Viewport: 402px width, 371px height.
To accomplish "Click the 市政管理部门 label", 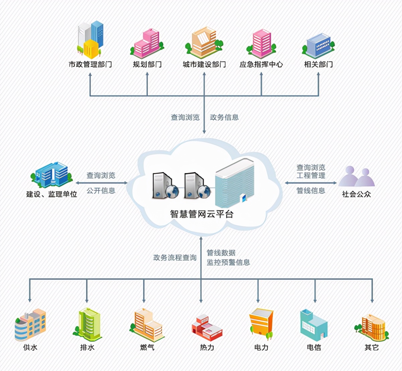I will click(x=90, y=64).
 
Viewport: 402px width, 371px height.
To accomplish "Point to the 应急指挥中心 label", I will click(x=261, y=64).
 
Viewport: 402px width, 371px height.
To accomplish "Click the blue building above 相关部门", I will click(x=318, y=46).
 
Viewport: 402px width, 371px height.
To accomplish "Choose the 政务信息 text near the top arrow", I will click(x=224, y=117).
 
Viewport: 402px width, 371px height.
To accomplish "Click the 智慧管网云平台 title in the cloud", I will click(x=201, y=214).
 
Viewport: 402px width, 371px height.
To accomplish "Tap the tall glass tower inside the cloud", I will click(x=234, y=183).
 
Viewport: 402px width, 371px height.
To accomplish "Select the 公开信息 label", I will click(x=101, y=191).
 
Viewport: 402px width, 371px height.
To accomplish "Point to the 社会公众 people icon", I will click(x=356, y=176).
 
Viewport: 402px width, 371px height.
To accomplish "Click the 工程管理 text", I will click(x=311, y=175).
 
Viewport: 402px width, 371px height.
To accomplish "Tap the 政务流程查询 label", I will click(x=175, y=257).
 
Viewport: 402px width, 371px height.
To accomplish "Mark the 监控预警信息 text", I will click(x=228, y=262).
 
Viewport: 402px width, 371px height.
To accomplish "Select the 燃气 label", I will click(x=147, y=347).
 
